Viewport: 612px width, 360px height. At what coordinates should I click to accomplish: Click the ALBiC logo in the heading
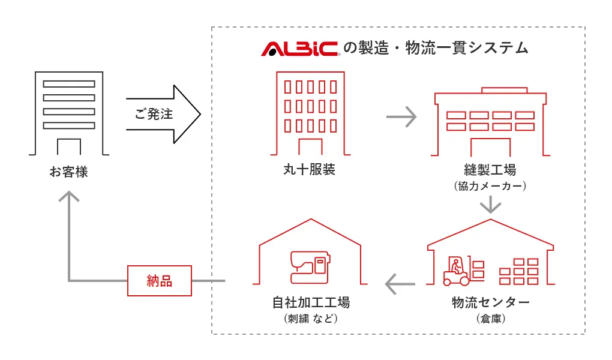coord(300,49)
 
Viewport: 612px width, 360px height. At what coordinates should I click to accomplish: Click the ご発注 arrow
coord(162,114)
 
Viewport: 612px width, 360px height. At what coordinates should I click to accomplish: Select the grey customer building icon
coord(69,113)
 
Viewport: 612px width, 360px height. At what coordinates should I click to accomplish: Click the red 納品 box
coord(160,281)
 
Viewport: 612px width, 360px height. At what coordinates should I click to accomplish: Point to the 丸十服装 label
coord(309,170)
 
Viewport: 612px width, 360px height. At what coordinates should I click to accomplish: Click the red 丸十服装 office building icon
coord(310,113)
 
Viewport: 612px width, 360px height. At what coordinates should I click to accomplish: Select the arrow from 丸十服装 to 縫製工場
coord(401,116)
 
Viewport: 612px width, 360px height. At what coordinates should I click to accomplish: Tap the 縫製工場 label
coord(490,170)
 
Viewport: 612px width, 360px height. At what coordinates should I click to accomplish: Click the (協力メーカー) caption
coord(490,187)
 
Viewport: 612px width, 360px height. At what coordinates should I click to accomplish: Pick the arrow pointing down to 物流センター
coord(490,205)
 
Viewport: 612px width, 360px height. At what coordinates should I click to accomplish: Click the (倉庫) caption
coord(490,319)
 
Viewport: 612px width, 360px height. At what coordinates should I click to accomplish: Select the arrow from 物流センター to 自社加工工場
coord(399,282)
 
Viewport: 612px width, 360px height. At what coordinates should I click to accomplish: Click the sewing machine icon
coord(310,266)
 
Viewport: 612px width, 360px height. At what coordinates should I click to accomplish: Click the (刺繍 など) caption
coord(310,319)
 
